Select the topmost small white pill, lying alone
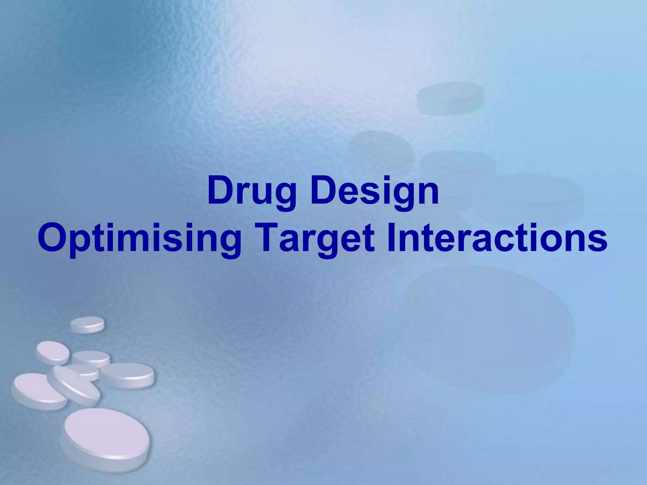point(87,324)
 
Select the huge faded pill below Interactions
point(490,328)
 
